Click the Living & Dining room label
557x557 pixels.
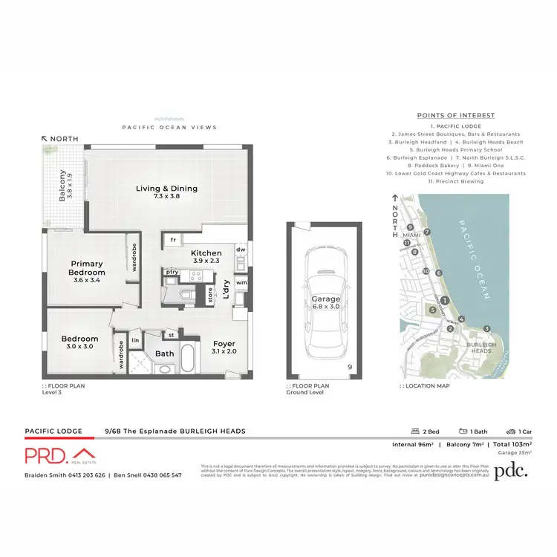[166, 188]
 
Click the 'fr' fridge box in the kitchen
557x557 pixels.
[172, 240]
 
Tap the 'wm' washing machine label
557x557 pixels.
[241, 282]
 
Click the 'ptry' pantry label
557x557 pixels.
[172, 272]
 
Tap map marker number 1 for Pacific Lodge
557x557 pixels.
[443, 300]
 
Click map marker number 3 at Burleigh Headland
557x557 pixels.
[487, 328]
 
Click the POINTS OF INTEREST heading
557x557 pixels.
[456, 116]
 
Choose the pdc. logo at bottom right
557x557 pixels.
[513, 469]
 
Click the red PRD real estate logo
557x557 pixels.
[59, 455]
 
